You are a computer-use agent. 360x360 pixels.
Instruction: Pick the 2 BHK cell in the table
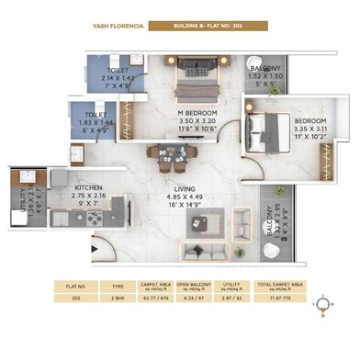point(118,298)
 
